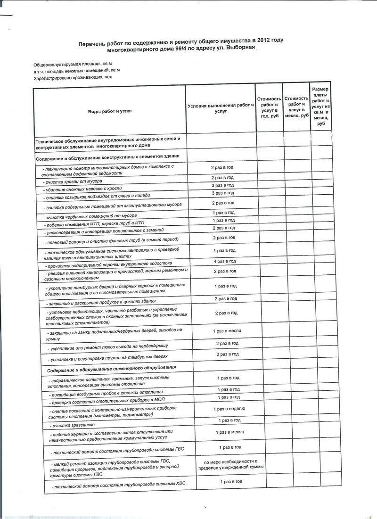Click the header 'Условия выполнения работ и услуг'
click(x=220, y=108)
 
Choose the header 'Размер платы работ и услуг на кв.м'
click(x=321, y=106)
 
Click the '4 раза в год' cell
click(x=224, y=261)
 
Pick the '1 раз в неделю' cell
click(x=229, y=409)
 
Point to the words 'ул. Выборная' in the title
click(x=238, y=48)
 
